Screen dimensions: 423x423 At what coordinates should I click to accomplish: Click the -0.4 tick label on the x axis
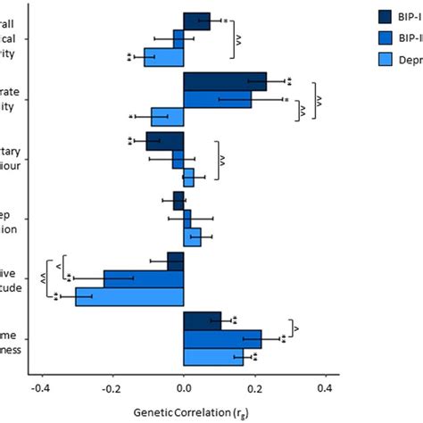[39, 389]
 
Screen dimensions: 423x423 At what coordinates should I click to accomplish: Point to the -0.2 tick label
[111, 389]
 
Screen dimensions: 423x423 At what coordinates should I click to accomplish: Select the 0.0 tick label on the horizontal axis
[184, 389]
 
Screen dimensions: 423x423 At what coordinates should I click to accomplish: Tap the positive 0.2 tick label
[255, 389]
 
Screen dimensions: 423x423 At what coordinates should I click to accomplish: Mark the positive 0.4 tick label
[327, 389]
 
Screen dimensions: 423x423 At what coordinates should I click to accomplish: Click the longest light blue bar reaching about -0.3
[129, 296]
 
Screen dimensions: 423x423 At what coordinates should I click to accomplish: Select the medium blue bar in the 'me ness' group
[222, 339]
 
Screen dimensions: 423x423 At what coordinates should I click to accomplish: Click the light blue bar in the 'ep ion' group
[192, 236]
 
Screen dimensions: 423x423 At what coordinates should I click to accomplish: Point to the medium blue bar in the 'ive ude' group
[144, 278]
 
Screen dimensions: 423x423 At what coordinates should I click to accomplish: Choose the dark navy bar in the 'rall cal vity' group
[196, 21]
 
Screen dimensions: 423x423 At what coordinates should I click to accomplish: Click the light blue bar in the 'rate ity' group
[167, 117]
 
